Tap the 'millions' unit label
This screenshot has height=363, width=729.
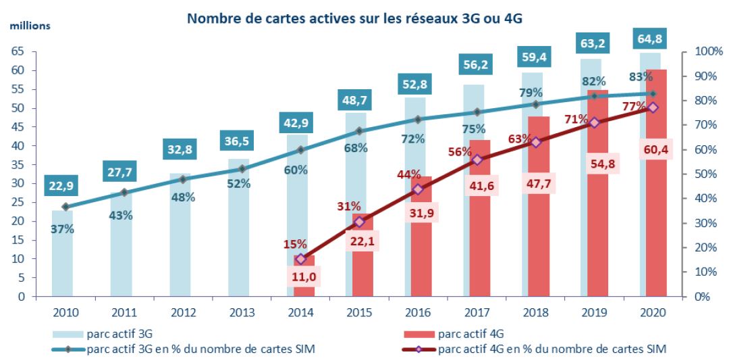point(29,26)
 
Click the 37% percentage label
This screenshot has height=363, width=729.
point(62,228)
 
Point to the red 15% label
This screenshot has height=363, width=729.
point(295,244)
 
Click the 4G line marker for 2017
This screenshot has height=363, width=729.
point(477,160)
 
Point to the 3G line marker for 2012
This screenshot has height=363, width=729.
point(182,179)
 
